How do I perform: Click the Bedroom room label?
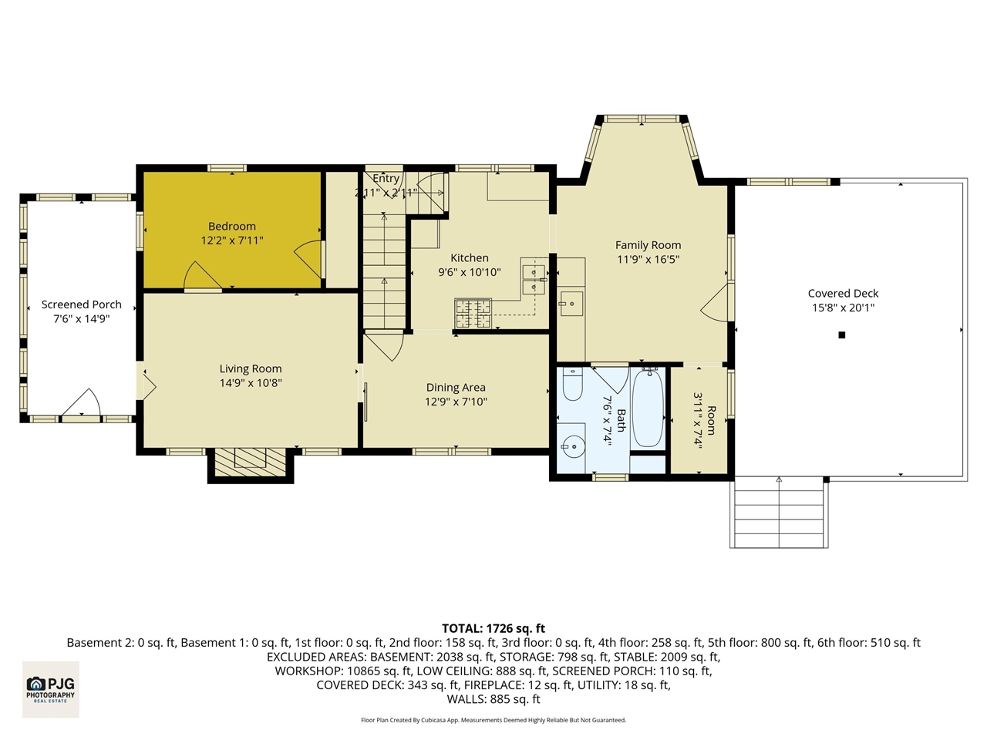pyautogui.click(x=231, y=227)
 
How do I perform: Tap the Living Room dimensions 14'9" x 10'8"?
pyautogui.click(x=251, y=383)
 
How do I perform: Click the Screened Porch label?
pyautogui.click(x=81, y=304)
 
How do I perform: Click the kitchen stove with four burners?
pyautogui.click(x=473, y=313)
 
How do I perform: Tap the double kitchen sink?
pyautogui.click(x=533, y=279)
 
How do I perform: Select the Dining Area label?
pyautogui.click(x=456, y=388)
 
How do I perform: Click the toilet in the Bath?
pyautogui.click(x=572, y=385)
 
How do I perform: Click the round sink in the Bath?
pyautogui.click(x=572, y=446)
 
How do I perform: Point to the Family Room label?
pyautogui.click(x=648, y=245)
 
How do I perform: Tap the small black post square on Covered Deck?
pyautogui.click(x=842, y=335)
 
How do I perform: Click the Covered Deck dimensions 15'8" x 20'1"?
pyautogui.click(x=843, y=308)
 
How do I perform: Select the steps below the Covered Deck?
pyautogui.click(x=779, y=512)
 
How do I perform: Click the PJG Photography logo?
pyautogui.click(x=51, y=688)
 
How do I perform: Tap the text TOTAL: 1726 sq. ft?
pyautogui.click(x=493, y=628)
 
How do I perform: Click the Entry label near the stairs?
pyautogui.click(x=386, y=179)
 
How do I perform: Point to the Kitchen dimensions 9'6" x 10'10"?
pyautogui.click(x=470, y=272)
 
